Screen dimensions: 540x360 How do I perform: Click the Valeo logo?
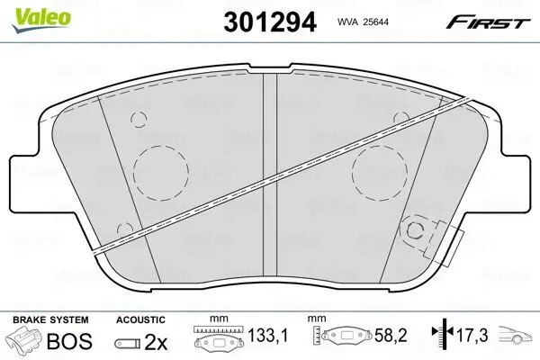(41, 20)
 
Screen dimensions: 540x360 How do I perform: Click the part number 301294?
(270, 22)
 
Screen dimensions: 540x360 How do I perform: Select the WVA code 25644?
(373, 22)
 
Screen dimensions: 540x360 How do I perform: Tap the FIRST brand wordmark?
(488, 22)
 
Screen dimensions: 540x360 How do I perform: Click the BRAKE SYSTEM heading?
(50, 319)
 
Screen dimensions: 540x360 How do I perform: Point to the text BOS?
(69, 341)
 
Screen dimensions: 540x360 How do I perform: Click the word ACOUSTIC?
(140, 319)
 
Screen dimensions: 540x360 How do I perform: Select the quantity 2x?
(156, 342)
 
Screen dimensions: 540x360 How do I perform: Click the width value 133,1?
(268, 335)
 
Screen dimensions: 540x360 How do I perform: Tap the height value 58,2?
(391, 335)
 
